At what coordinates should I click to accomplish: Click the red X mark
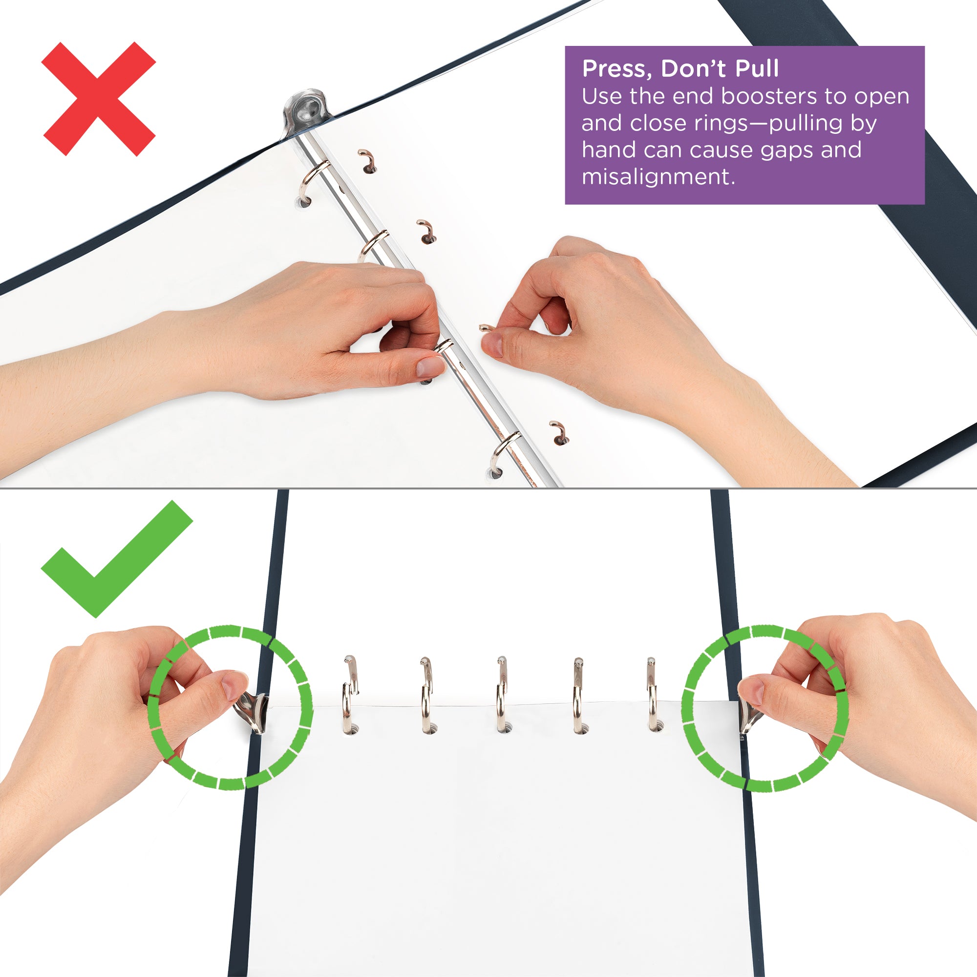(99, 99)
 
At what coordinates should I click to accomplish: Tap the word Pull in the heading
(757, 69)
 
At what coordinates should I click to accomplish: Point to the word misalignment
(658, 177)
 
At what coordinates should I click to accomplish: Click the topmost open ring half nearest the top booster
(368, 160)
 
